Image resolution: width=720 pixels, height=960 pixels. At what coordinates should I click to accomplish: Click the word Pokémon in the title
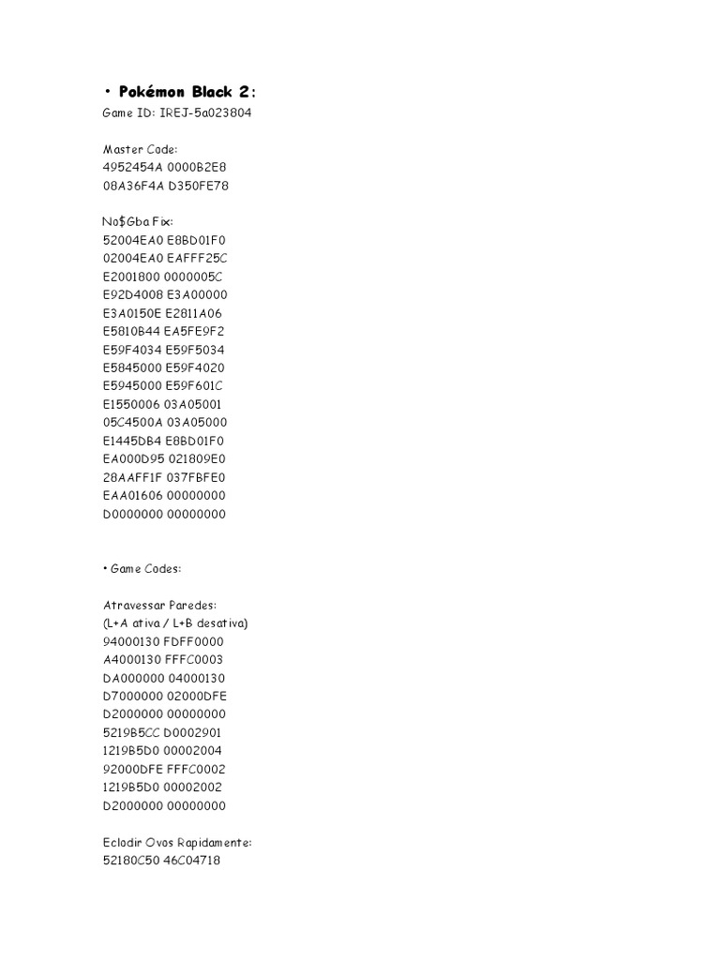coord(153,92)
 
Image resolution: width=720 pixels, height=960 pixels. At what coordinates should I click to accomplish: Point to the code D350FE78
coord(197,186)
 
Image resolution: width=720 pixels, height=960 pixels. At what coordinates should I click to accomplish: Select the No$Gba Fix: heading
coord(137,222)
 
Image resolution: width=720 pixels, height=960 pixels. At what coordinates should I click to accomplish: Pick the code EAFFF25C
coord(196,259)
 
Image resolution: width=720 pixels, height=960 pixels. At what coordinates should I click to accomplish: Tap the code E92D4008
coord(132,294)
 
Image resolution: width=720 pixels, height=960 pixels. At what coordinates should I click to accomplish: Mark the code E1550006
coord(131,404)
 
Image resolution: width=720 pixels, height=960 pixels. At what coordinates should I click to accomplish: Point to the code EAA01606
coord(132,495)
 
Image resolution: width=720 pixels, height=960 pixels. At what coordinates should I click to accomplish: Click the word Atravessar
coord(133,605)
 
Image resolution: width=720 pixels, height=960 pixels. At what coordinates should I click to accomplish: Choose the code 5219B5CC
coord(132,732)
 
